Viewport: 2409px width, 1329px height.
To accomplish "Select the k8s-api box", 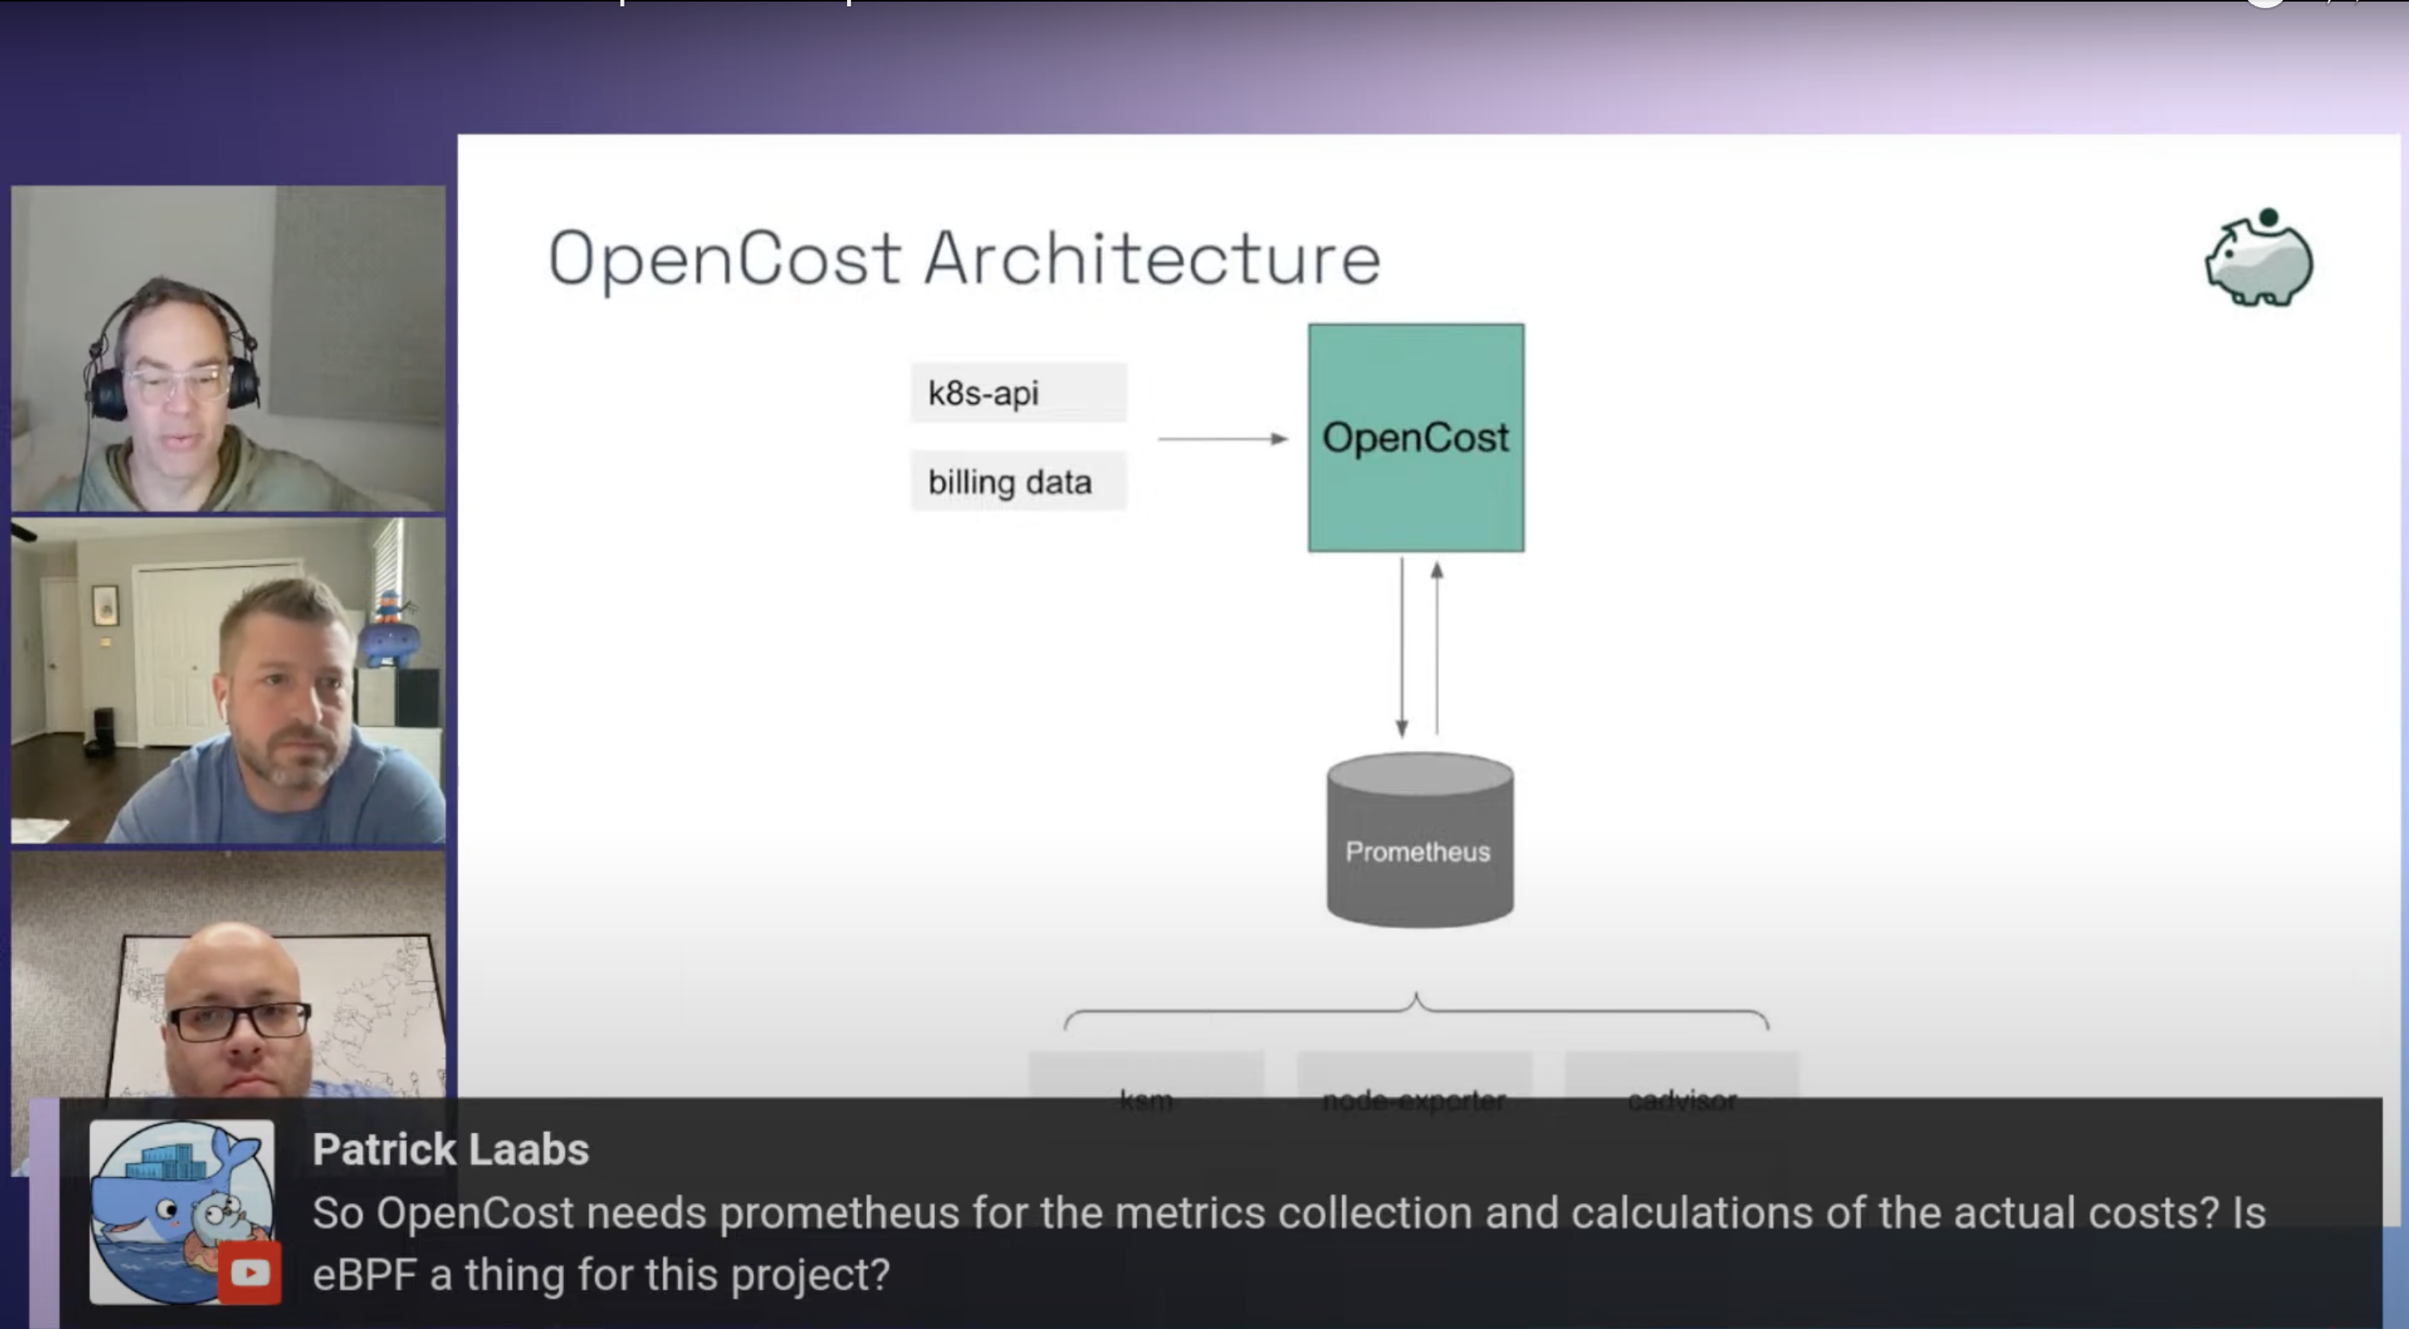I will point(1018,392).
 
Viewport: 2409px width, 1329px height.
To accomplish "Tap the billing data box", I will point(1018,482).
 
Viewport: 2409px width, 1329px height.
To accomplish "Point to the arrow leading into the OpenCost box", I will point(1222,439).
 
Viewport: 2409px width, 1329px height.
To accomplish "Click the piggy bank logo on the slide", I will point(2259,258).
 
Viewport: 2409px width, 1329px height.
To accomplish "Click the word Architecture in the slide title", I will point(1152,259).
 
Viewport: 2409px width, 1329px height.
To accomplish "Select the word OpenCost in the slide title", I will point(725,259).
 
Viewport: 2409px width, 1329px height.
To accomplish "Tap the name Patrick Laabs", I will point(450,1150).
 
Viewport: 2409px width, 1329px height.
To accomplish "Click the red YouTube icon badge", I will point(250,1273).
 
